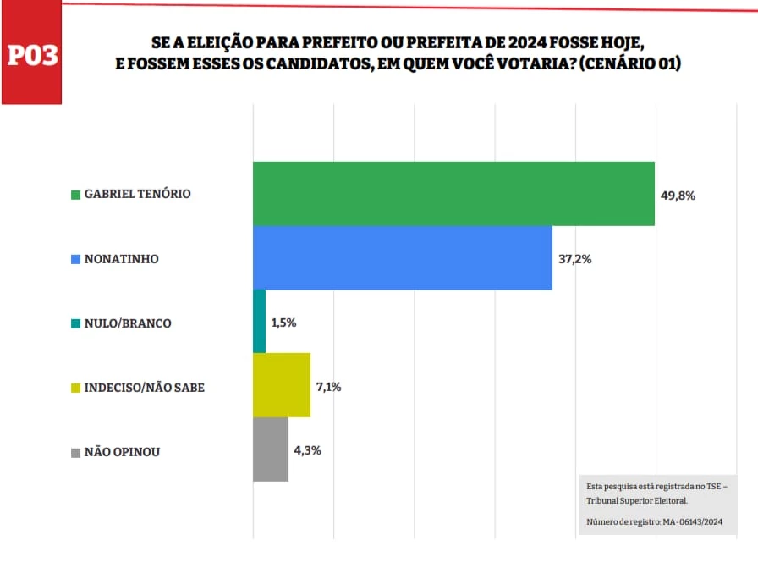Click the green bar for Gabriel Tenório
point(454,194)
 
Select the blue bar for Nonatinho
point(403,258)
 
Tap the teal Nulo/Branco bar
point(260,322)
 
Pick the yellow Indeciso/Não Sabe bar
point(282,386)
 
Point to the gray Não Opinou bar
point(271,450)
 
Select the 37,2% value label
point(574,259)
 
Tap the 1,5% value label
point(284,323)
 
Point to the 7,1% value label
point(329,387)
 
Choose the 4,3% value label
point(307,450)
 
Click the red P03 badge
point(32,56)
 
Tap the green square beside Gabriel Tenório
point(75,195)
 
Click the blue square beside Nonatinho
point(75,259)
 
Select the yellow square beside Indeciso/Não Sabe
point(75,389)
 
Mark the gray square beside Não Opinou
point(75,453)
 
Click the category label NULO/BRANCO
point(128,323)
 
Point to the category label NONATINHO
point(121,259)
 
